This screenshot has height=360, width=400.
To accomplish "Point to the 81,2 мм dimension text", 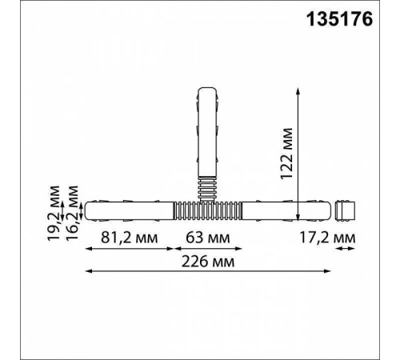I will click(x=130, y=238).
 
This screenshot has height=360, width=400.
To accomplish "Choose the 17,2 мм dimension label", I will click(x=348, y=238).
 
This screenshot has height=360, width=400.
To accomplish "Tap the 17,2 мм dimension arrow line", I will click(x=346, y=250).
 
